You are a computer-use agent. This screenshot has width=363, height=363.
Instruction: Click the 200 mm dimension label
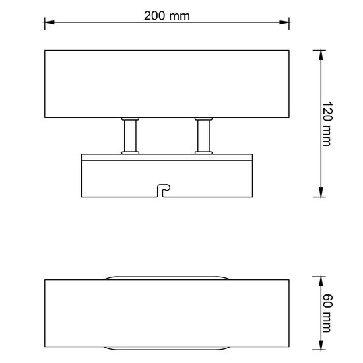coord(167,16)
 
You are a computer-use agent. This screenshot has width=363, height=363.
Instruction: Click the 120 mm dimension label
coord(327,123)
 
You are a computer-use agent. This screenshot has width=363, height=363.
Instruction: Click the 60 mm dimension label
coord(327,313)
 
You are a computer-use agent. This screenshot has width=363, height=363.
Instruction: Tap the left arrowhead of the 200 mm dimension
coord(49,22)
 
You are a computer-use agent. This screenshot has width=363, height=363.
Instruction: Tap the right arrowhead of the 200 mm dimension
coord(284,22)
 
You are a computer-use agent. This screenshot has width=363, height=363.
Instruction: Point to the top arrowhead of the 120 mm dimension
coord(321,55)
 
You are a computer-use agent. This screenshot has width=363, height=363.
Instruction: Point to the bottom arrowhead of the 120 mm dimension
coord(321,192)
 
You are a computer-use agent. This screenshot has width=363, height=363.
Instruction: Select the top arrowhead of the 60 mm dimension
coord(321,282)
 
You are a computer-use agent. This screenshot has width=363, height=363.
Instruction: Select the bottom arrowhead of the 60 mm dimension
coord(321,345)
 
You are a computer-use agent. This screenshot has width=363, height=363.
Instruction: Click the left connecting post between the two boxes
coord(130,136)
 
